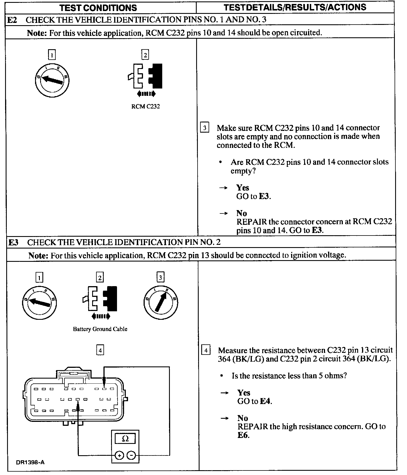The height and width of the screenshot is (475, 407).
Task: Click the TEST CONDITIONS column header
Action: coord(98,8)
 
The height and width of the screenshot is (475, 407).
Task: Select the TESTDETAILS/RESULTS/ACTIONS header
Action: coord(295,7)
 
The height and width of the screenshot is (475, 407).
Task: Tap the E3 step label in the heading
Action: coord(13,242)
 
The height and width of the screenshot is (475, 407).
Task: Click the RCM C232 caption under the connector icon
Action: coord(146,107)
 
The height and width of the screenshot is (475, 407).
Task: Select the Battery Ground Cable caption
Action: coord(100,329)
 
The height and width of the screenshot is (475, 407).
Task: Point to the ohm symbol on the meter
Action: coord(125,439)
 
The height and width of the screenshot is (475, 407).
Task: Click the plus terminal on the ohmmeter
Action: coord(120,455)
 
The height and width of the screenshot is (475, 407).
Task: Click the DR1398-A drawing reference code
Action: coord(30,462)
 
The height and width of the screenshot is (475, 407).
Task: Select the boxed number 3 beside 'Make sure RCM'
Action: coord(204,128)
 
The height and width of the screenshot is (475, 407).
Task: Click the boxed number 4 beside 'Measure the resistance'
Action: coord(206,350)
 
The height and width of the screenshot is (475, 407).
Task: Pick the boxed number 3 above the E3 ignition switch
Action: coord(161,277)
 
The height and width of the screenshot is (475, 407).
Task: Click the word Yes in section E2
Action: coord(243,188)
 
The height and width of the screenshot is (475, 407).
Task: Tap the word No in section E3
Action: coord(243,418)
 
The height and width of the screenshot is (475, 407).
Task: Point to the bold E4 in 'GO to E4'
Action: coord(266,401)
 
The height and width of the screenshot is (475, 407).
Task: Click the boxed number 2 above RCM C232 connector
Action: coord(145,55)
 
